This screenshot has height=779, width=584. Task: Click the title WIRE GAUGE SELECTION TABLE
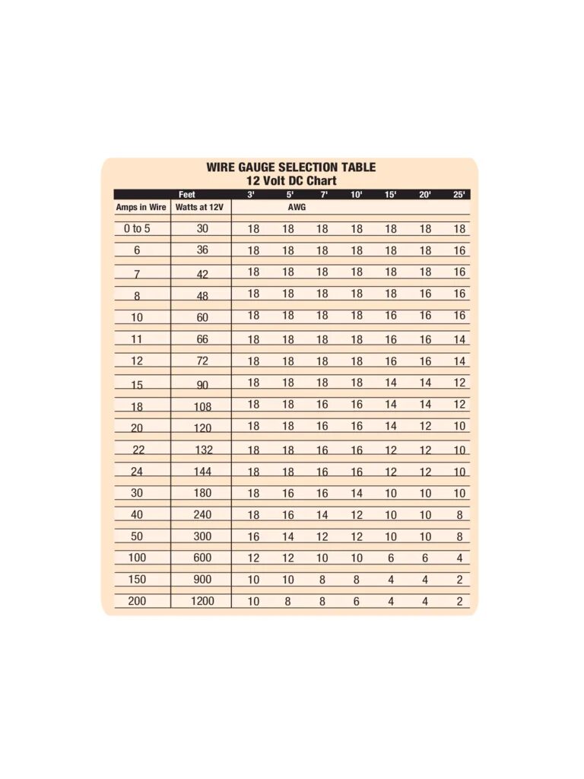point(291,167)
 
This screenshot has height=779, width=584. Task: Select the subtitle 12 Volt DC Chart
point(291,181)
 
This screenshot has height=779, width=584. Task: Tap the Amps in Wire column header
point(141,207)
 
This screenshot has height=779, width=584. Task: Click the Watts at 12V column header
point(199,207)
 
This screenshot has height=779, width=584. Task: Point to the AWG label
point(297,207)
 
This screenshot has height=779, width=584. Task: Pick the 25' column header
point(459,195)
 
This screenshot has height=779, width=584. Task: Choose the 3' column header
point(251,195)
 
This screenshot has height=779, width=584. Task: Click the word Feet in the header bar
point(186,195)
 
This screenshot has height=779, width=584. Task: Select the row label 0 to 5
point(137,228)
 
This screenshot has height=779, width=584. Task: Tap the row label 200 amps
point(137,601)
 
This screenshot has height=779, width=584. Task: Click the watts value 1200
point(202,601)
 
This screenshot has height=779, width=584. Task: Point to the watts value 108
point(202,407)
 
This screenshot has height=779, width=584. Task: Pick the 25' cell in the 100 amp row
point(459,558)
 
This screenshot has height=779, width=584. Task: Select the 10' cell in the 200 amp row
point(357,601)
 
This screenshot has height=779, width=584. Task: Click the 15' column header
point(391,195)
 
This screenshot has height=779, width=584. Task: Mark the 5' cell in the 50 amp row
point(288,536)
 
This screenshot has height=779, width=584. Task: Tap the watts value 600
point(202,558)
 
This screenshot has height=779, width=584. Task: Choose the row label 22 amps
point(138,450)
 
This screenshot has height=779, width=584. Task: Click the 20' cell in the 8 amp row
point(425,294)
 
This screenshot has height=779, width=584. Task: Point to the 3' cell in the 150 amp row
point(253,580)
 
